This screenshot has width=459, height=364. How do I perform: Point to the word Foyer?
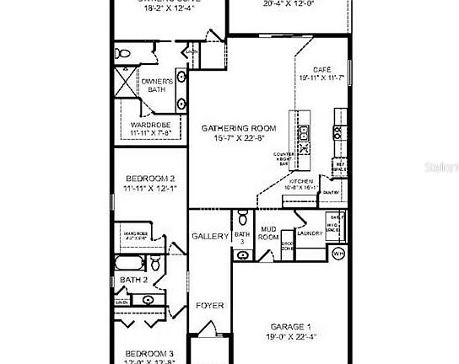pos(210,305)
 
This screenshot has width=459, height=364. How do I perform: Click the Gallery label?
pos(210,237)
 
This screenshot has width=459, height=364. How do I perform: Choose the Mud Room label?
pos(268,233)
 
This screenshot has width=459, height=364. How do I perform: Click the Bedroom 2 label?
pos(150,179)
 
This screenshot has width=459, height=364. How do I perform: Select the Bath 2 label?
pos(133,280)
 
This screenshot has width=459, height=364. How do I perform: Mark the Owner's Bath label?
pos(157,84)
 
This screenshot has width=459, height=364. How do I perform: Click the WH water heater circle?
pos(338,252)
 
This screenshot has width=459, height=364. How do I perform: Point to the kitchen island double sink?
pos(304,133)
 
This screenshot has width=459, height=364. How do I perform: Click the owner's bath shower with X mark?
pos(123,84)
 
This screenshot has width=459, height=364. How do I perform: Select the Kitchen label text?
pos(301,182)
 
